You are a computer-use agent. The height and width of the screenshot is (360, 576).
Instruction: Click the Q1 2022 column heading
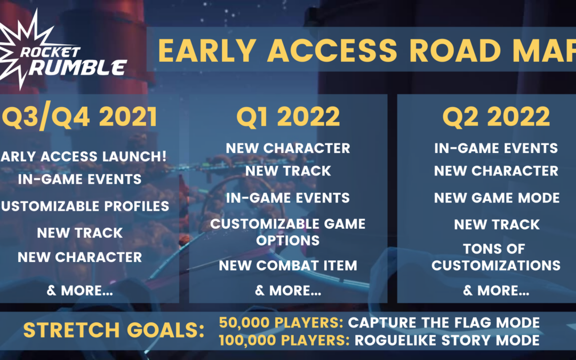288,117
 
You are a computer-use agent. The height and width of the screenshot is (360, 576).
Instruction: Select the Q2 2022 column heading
497,117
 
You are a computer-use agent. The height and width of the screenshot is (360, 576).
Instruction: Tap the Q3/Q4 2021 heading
79,117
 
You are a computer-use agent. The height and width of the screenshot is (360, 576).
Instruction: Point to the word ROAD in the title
454,50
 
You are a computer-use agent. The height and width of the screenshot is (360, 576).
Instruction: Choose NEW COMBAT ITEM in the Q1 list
288,266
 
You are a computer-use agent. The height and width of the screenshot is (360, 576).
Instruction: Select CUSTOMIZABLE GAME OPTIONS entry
288,232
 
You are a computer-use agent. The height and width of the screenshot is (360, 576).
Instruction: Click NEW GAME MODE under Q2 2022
497,198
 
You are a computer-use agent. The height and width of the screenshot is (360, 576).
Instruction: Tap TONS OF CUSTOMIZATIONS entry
496,257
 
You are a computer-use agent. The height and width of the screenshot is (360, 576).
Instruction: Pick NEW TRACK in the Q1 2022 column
288,171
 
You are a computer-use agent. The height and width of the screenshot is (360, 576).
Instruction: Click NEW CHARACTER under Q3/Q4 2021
79,257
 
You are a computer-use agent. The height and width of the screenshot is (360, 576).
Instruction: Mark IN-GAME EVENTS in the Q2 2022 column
496,148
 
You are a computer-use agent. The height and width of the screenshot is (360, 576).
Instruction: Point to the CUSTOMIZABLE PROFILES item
85,206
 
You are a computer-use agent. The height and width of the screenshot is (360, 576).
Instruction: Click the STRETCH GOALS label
114,330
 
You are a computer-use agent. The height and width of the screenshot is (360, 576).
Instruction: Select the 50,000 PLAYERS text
281,323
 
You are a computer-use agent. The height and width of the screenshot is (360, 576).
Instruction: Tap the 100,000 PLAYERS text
284,340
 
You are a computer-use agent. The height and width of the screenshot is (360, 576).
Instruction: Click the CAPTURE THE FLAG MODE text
444,323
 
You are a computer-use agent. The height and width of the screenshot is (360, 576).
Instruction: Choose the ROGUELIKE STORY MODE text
447,340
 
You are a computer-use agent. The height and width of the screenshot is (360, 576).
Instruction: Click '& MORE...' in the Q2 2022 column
496,291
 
